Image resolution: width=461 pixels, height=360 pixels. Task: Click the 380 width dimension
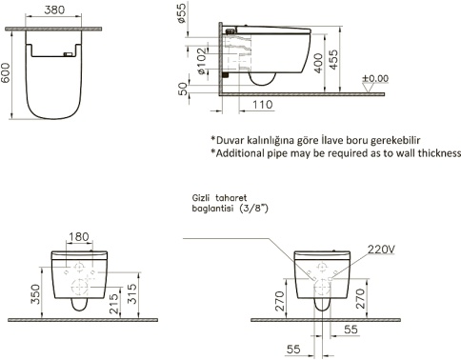click(x=54, y=10)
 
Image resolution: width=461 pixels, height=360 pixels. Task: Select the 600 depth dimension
click(x=6, y=73)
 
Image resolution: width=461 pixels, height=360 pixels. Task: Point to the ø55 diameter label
click(x=182, y=13)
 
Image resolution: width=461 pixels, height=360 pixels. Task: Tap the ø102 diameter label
click(x=202, y=61)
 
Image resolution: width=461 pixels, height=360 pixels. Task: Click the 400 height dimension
click(x=318, y=63)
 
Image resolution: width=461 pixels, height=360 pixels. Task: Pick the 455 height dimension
click(x=333, y=59)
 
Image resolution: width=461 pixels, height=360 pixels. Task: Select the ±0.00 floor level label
click(x=375, y=78)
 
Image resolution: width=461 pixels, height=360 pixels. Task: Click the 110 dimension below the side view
click(x=263, y=105)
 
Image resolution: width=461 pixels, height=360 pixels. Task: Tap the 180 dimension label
click(x=79, y=236)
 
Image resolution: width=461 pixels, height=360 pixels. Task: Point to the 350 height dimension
click(x=36, y=293)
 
